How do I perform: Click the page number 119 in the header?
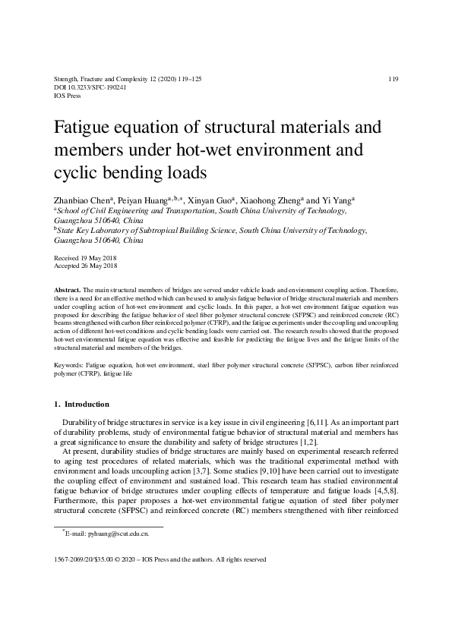click(393, 79)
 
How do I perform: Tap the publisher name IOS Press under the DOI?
click(68, 96)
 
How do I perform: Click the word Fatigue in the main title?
click(86, 127)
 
